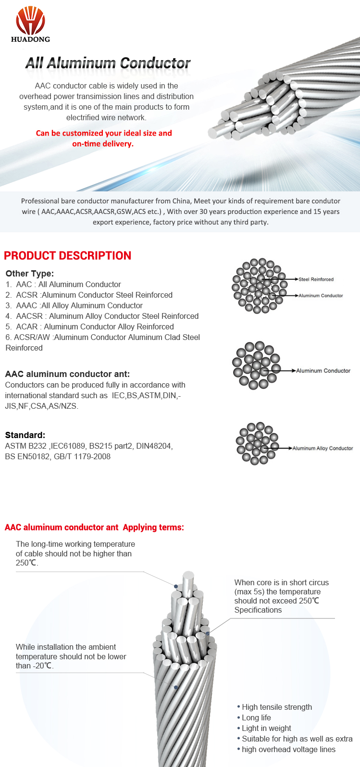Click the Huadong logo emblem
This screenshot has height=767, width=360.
pyautogui.click(x=30, y=20)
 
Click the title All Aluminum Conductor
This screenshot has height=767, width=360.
pyautogui.click(x=108, y=63)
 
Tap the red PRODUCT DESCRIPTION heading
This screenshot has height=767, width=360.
pyautogui.click(x=67, y=256)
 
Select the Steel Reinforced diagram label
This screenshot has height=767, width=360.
pyautogui.click(x=316, y=279)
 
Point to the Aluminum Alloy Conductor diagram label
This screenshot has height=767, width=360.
pyautogui.click(x=323, y=448)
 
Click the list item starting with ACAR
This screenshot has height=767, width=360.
pyautogui.click(x=90, y=327)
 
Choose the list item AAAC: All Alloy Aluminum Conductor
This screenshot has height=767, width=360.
pyautogui.click(x=74, y=305)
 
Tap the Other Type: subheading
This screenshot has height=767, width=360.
pyautogui.click(x=29, y=273)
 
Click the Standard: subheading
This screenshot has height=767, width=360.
pyautogui.click(x=25, y=435)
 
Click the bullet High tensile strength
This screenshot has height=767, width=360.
pyautogui.click(x=276, y=707)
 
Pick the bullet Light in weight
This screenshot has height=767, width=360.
pyautogui.click(x=266, y=728)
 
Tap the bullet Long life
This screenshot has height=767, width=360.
pyautogui.click(x=256, y=717)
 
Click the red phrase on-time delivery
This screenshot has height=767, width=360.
pyautogui.click(x=103, y=144)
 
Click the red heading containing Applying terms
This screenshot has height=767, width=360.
pyautogui.click(x=94, y=528)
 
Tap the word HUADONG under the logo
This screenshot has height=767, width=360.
pyautogui.click(x=30, y=39)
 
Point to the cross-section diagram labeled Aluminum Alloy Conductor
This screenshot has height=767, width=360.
pyautogui.click(x=257, y=443)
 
